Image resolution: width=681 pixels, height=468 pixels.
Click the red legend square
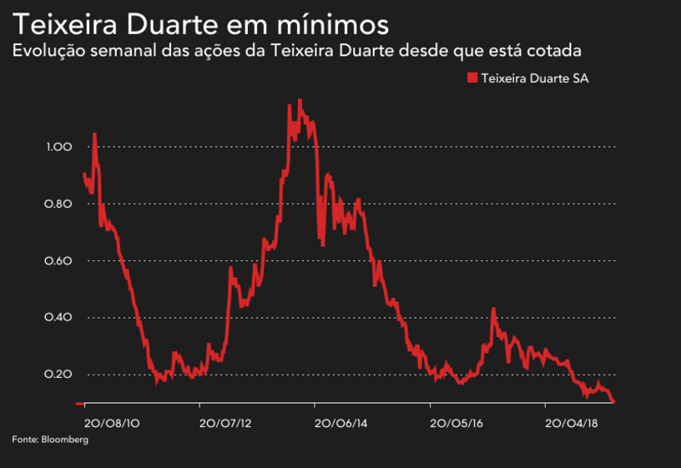[472, 78]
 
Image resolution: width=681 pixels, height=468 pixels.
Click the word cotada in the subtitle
[556, 51]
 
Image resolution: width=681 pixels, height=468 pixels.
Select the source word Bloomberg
[64, 439]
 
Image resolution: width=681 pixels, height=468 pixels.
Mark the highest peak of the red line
[300, 100]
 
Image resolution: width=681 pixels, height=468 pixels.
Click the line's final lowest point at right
[614, 402]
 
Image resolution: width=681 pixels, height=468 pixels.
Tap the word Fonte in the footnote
[23, 439]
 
